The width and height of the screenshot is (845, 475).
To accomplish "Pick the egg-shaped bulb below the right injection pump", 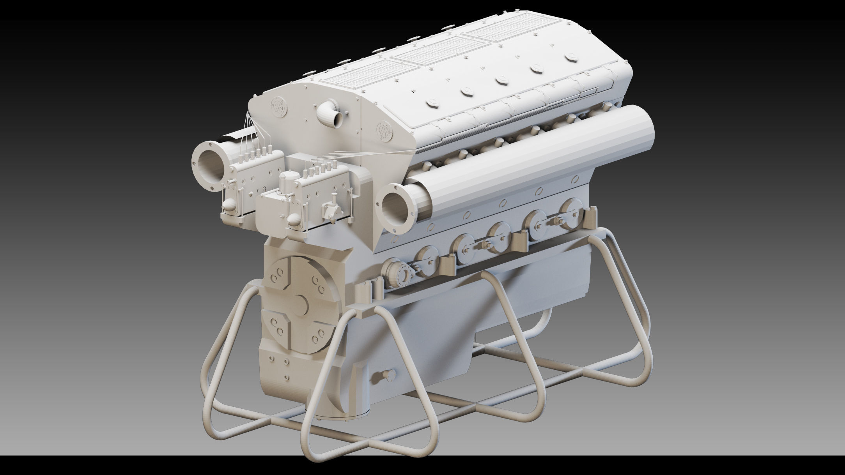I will [x=294, y=222].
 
